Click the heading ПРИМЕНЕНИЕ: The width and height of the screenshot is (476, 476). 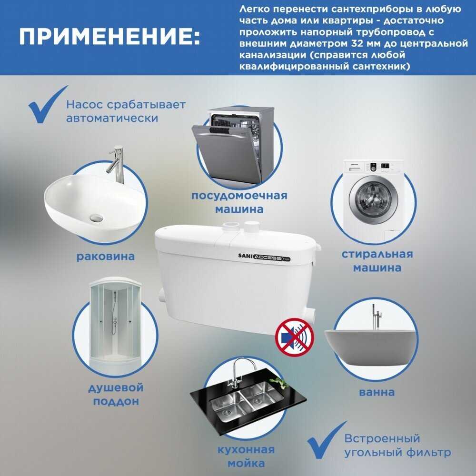(109, 37)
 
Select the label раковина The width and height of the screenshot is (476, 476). (105, 257)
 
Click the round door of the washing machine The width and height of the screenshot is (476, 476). (373, 200)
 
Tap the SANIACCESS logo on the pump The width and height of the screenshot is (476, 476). (264, 257)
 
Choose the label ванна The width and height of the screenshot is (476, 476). (377, 392)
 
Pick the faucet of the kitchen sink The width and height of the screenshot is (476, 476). (238, 372)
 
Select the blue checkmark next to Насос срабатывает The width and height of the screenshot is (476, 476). (47, 105)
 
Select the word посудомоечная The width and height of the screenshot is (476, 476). (239, 196)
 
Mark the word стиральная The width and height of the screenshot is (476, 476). (377, 254)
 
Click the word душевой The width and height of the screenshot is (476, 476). (116, 388)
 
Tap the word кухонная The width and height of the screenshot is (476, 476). (246, 450)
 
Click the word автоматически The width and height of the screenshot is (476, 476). (112, 119)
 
